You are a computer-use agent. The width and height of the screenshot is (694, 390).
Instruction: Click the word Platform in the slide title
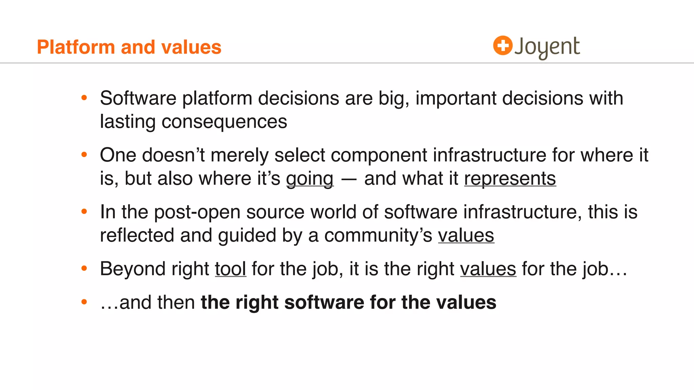coord(76,47)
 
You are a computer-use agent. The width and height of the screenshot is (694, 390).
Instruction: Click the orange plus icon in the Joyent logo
coord(502,45)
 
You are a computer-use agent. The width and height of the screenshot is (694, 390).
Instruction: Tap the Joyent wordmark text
coord(547,47)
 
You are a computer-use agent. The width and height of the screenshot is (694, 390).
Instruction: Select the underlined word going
coord(310,178)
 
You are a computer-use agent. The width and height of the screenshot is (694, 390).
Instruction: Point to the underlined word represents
coord(510,178)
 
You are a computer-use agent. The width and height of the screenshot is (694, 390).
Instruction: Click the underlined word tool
coord(230,269)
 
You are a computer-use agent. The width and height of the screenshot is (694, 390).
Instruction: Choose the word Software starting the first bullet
coord(138,98)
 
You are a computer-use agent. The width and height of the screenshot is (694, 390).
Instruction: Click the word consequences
coord(224,122)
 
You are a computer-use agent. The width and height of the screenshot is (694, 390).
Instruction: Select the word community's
coord(378,235)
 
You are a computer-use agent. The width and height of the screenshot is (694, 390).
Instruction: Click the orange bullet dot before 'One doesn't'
coord(84,155)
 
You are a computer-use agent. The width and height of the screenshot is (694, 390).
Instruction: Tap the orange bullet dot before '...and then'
coord(84,302)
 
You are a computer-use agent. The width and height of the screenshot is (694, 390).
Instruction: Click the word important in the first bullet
coord(455,98)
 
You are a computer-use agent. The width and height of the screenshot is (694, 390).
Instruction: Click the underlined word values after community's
coord(466,235)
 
